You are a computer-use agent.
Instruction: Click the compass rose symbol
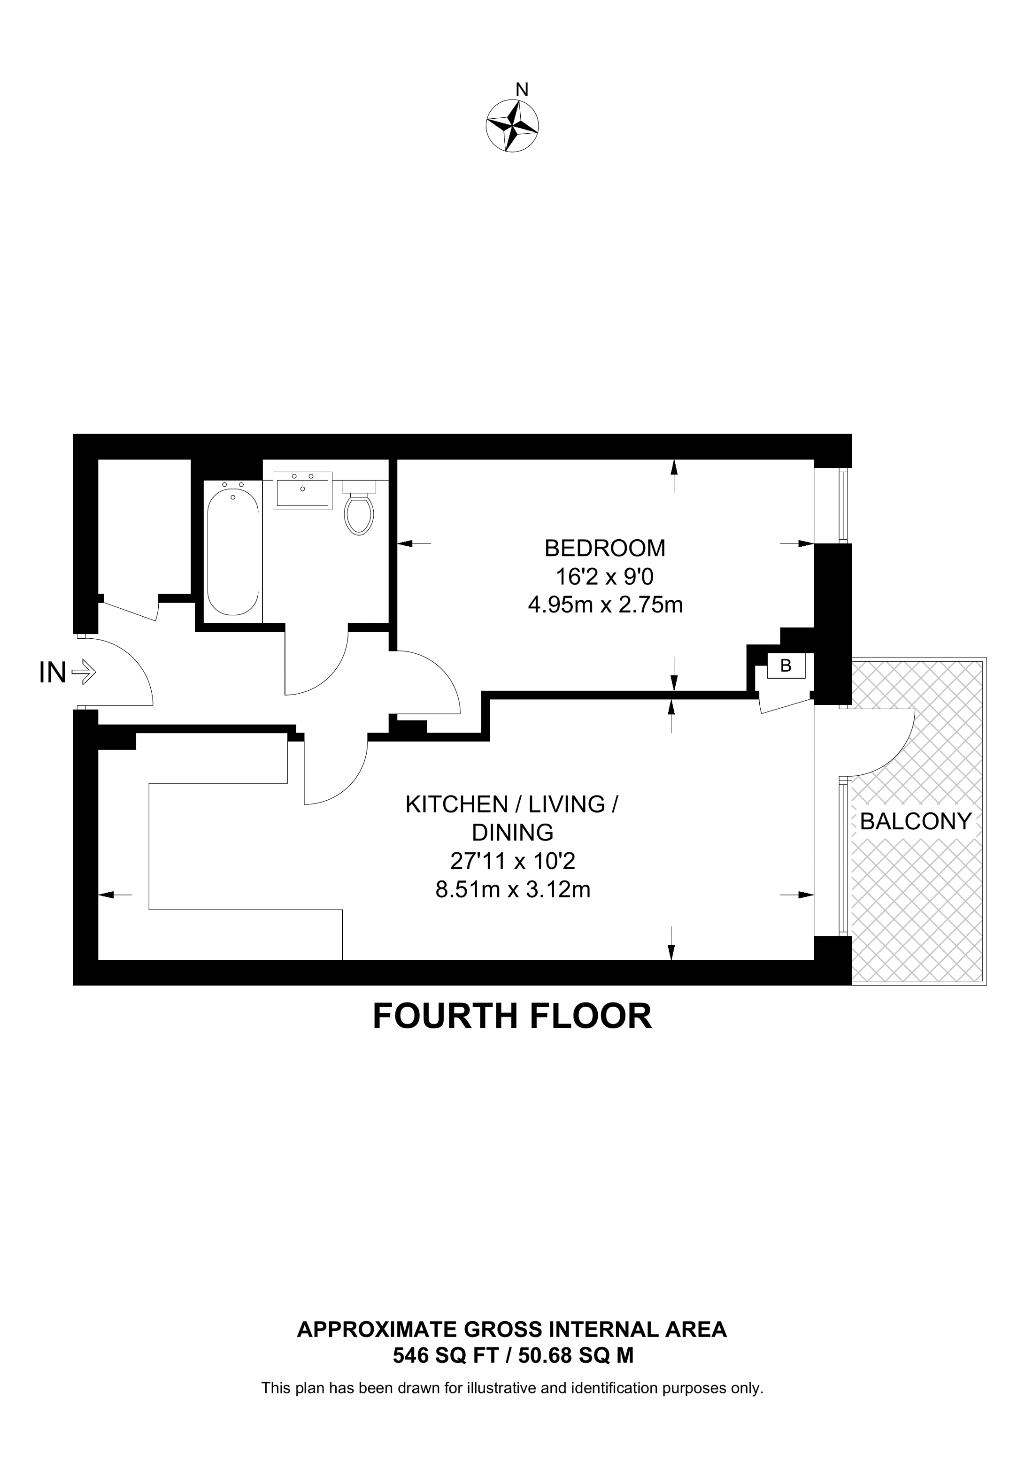[x=512, y=125]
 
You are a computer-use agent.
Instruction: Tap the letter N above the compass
[x=522, y=90]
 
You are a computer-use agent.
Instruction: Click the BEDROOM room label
[x=605, y=547]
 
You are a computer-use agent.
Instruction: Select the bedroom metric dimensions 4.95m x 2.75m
[x=605, y=604]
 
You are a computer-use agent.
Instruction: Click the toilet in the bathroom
[x=359, y=508]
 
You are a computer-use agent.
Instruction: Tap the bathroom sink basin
[x=302, y=490]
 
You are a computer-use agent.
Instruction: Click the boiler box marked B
[x=786, y=665]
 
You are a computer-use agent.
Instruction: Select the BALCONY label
[x=916, y=821]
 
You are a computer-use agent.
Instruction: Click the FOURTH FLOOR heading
[x=512, y=1016]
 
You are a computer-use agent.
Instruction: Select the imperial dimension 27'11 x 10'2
[x=513, y=861]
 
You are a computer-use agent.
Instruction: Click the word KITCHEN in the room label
[x=456, y=804]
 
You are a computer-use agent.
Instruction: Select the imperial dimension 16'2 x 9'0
[x=605, y=576]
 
